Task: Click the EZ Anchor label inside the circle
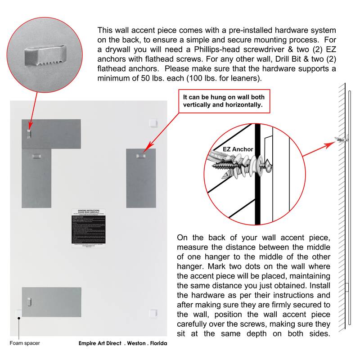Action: pos(238,149)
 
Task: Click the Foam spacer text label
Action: pos(24,343)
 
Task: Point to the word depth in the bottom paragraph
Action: pos(278,334)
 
